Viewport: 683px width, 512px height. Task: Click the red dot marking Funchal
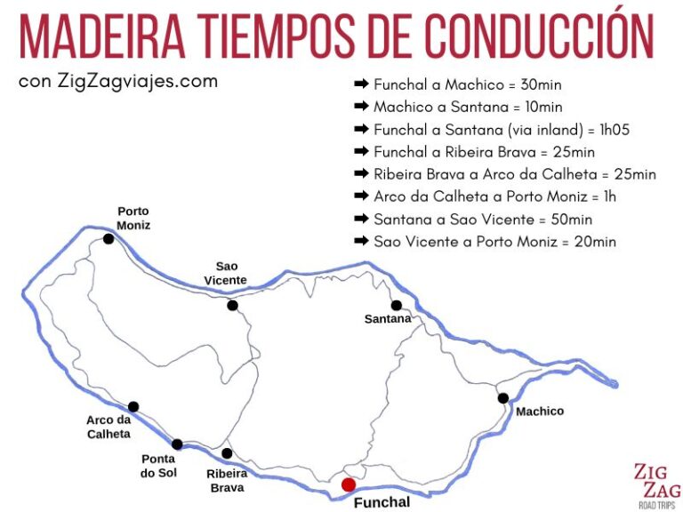tap(349, 484)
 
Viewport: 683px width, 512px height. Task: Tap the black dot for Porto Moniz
tap(108, 238)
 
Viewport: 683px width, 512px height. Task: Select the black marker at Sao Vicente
tap(232, 305)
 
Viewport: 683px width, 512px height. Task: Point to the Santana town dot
tap(397, 305)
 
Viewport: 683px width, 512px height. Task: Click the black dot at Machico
tap(503, 398)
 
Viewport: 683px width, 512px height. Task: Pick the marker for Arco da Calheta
tap(133, 407)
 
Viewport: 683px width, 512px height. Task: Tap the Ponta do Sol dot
tap(177, 444)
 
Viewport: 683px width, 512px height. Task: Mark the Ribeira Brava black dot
tap(227, 453)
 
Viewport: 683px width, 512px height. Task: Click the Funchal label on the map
tap(382, 502)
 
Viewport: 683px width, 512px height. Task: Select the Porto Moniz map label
tap(134, 218)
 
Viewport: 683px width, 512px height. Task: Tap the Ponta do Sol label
tap(159, 466)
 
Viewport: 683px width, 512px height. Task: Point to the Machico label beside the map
tap(540, 412)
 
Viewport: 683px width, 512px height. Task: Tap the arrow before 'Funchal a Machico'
tap(361, 84)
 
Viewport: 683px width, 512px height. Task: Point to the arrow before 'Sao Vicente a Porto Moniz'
tap(361, 241)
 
